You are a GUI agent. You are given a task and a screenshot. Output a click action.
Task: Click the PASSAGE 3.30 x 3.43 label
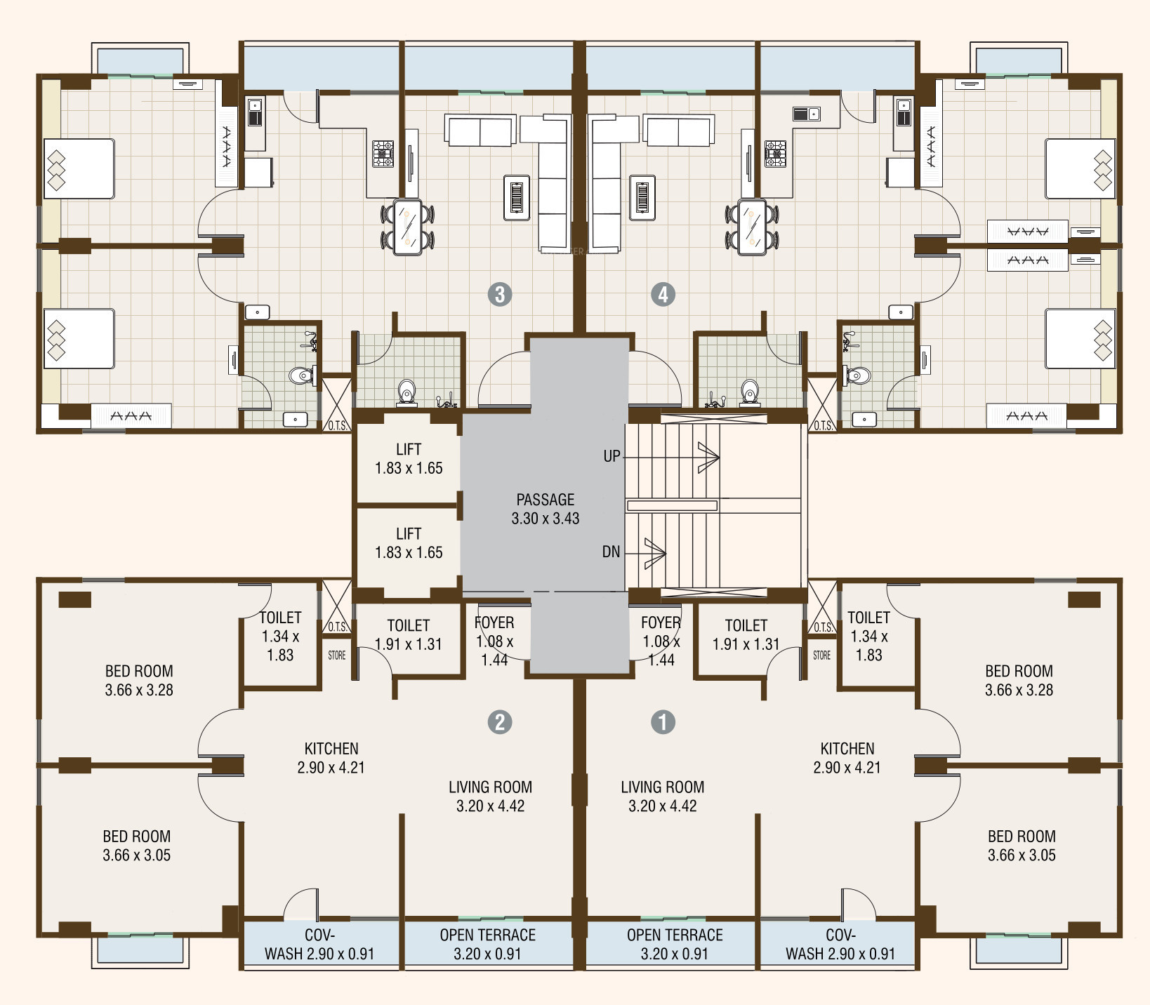pyautogui.click(x=546, y=509)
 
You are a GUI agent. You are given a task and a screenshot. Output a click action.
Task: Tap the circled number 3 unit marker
pyautogui.click(x=499, y=294)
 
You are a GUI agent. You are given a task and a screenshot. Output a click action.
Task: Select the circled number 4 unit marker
pyautogui.click(x=663, y=294)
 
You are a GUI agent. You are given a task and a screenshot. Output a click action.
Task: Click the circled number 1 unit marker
pyautogui.click(x=663, y=721)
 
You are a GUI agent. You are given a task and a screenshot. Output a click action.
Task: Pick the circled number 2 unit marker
pyautogui.click(x=499, y=721)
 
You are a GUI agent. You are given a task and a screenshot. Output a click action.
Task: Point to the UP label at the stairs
pyautogui.click(x=612, y=456)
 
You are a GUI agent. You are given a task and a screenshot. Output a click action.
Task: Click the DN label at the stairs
pyautogui.click(x=611, y=552)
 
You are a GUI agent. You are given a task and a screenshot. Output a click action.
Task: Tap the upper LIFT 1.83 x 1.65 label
pyautogui.click(x=409, y=458)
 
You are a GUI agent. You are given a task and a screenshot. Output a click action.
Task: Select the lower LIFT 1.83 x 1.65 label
pyautogui.click(x=409, y=543)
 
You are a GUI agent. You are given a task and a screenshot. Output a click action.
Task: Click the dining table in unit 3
pyautogui.click(x=407, y=227)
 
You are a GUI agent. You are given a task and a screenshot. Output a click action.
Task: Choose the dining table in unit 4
pyautogui.click(x=752, y=227)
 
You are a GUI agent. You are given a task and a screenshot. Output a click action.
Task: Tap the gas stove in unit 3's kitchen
pyautogui.click(x=383, y=154)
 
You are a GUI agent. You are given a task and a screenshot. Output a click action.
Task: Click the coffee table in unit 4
pyautogui.click(x=642, y=197)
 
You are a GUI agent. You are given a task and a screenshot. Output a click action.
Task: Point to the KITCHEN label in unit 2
pyautogui.click(x=331, y=758)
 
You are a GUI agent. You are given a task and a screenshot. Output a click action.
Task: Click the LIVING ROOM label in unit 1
pyautogui.click(x=662, y=797)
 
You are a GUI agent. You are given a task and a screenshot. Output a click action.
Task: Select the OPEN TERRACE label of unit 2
pyautogui.click(x=488, y=944)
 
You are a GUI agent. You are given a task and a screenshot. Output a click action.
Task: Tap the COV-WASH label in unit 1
pyautogui.click(x=840, y=944)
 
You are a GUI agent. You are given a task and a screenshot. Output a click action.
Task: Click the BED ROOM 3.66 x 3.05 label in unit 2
pyautogui.click(x=137, y=846)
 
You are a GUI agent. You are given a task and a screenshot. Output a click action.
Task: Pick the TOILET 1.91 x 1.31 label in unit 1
pyautogui.click(x=746, y=634)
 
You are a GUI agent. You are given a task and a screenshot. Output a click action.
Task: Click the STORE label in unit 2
pyautogui.click(x=337, y=655)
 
